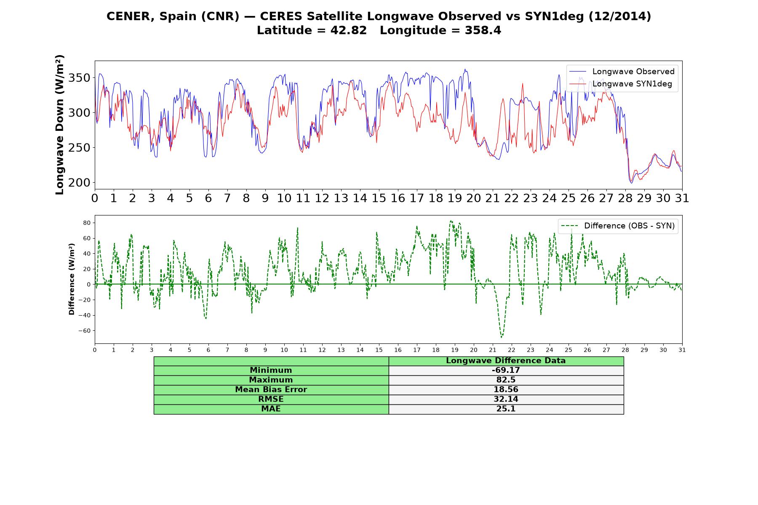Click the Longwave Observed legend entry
(622, 72)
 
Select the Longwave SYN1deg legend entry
(621, 84)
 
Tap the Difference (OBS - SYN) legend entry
(618, 226)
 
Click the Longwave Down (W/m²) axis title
(59, 125)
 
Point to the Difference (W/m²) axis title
(72, 279)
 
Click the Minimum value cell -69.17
(506, 370)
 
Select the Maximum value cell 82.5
(506, 380)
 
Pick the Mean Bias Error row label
(271, 390)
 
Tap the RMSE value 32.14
(506, 399)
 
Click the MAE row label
(271, 409)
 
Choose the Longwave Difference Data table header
(506, 361)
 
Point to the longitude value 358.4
(483, 30)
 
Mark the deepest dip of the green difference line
(501, 337)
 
